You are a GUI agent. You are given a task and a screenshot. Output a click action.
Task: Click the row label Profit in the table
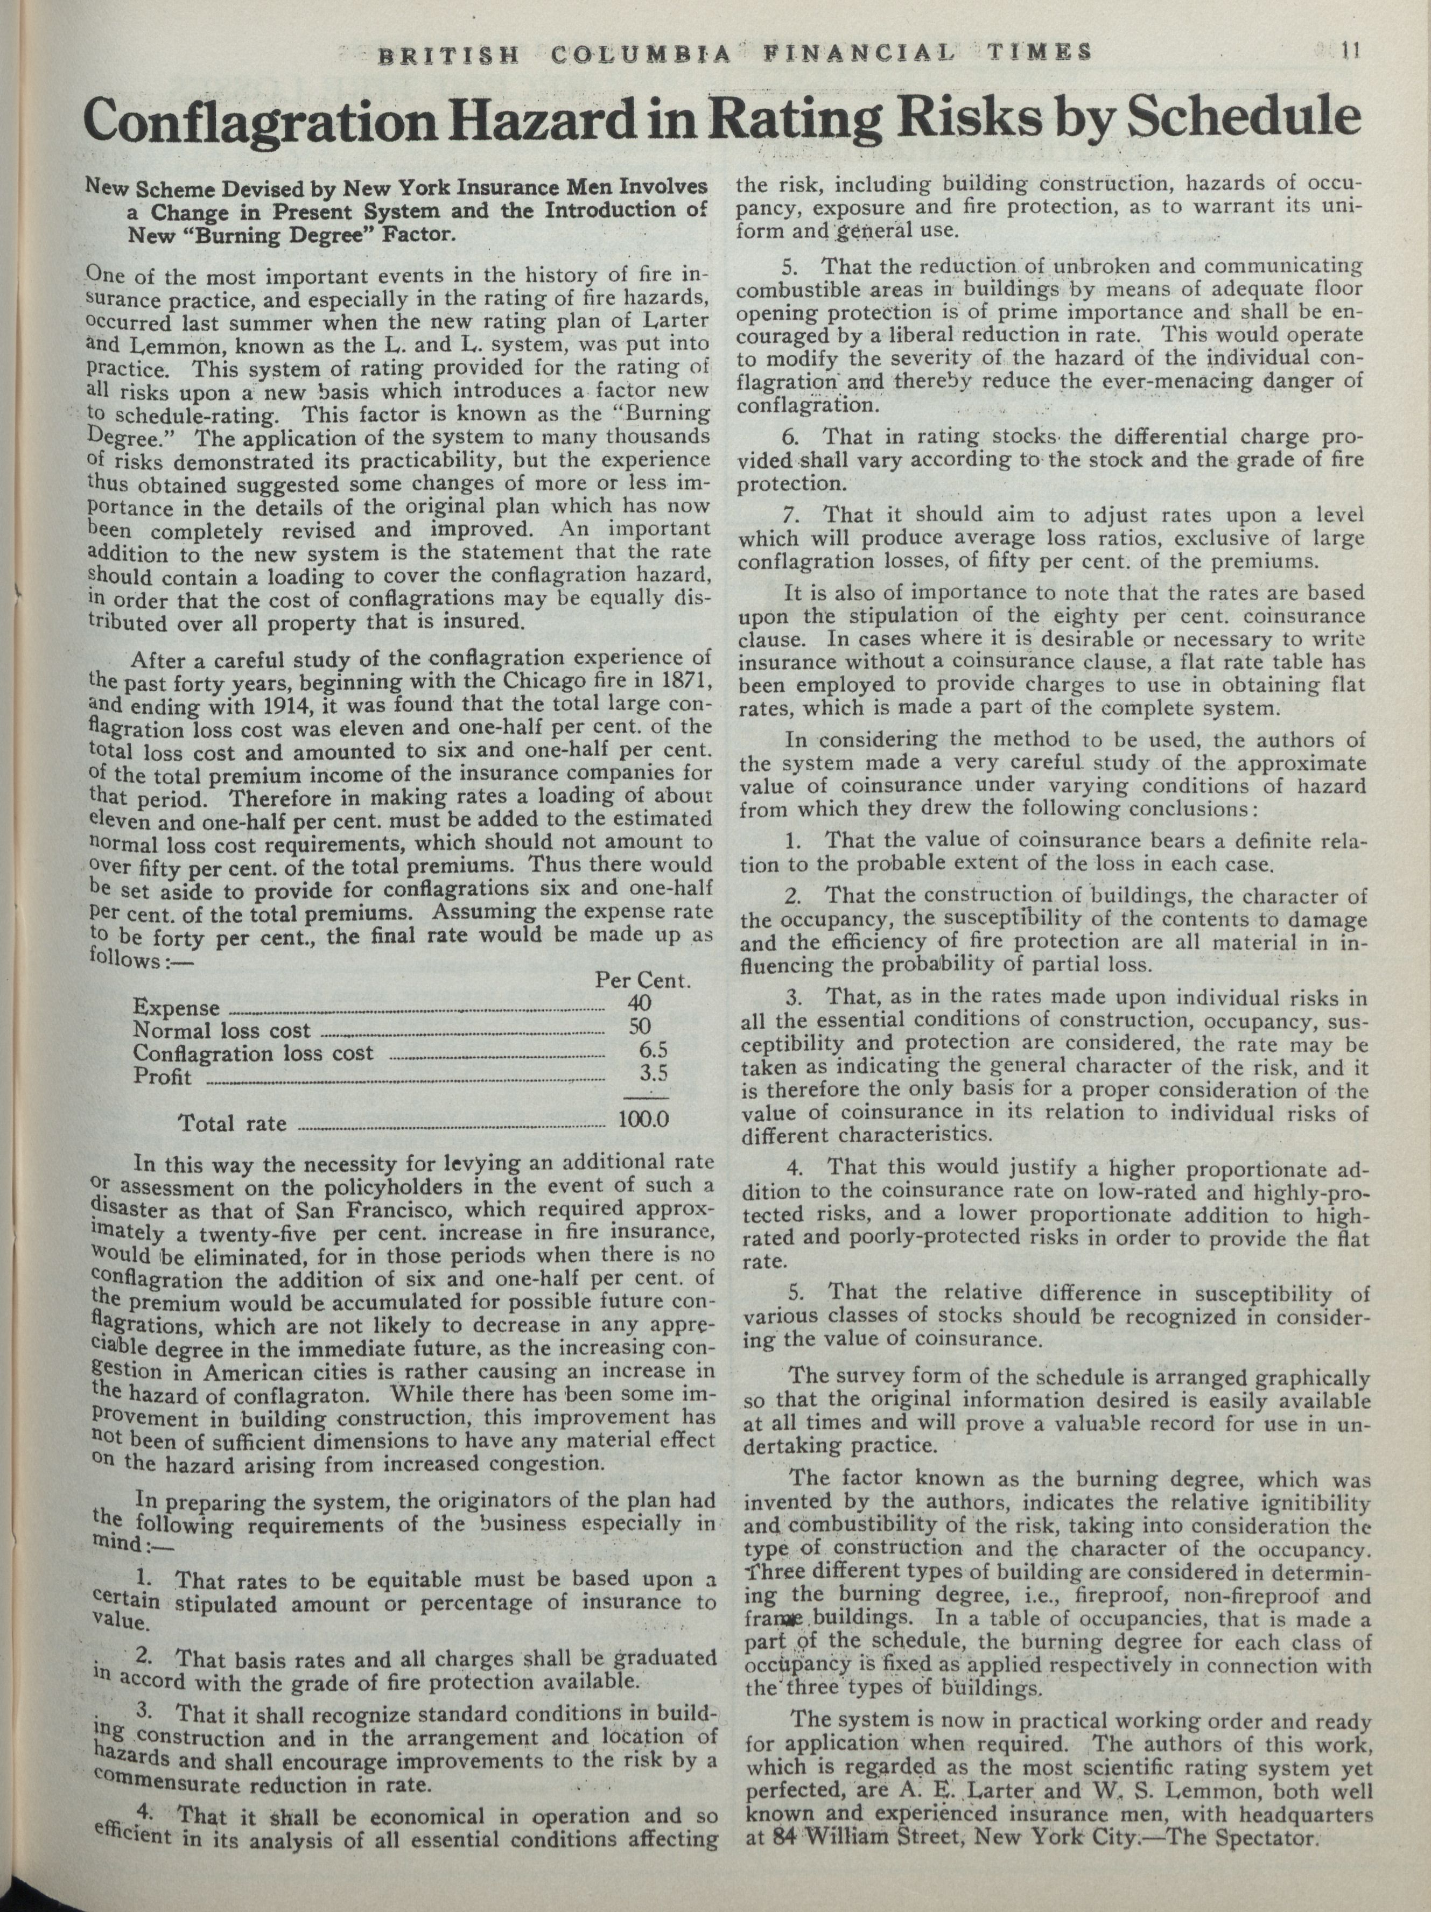tap(163, 1077)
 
